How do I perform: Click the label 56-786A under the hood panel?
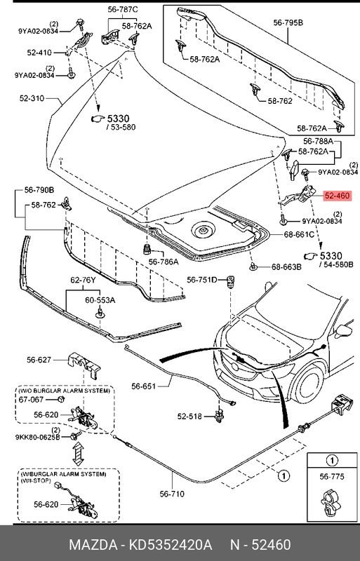[x=163, y=262]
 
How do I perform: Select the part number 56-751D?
[x=202, y=280]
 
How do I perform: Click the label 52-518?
[x=189, y=417]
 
